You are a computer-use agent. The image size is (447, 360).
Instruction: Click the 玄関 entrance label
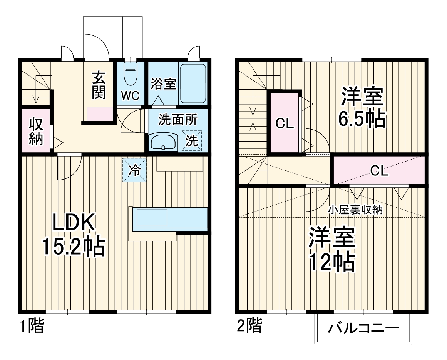(99, 85)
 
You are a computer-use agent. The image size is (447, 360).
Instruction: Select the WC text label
(131, 96)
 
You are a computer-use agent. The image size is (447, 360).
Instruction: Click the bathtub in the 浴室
(193, 83)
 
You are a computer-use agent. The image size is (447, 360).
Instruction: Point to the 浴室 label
(163, 84)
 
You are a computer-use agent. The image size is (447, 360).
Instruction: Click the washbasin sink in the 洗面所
(163, 142)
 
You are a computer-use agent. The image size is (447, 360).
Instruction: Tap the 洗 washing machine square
(191, 141)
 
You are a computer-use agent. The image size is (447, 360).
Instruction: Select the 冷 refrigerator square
(134, 170)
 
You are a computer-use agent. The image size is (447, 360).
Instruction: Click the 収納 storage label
(35, 132)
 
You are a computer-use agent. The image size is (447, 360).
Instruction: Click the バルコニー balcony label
(363, 330)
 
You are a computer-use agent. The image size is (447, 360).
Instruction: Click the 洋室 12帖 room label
(331, 250)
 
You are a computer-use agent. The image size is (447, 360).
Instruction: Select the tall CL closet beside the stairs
(285, 123)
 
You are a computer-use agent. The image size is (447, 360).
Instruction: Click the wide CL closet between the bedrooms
(379, 171)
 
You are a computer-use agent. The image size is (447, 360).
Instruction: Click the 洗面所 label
(178, 120)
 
